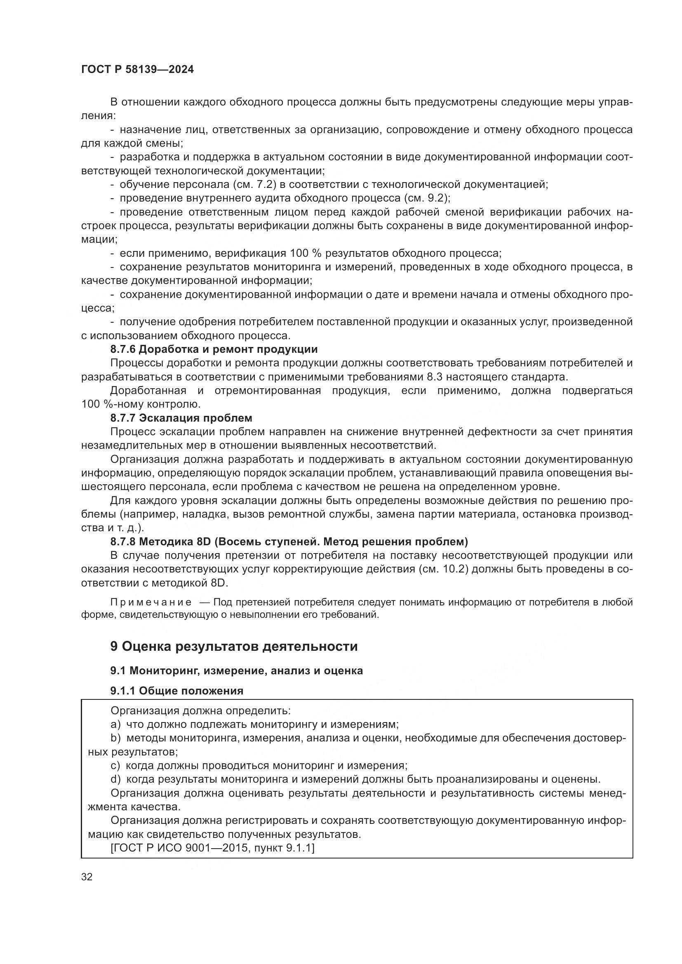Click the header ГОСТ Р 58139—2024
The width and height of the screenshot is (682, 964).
(137, 70)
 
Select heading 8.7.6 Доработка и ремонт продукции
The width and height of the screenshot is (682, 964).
(214, 349)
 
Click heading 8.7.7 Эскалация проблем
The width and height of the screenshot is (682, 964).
(181, 418)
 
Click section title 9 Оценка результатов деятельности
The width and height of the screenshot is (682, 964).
(234, 647)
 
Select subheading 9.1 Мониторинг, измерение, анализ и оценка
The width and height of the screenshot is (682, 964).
(236, 671)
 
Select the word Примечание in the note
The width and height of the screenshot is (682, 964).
(151, 603)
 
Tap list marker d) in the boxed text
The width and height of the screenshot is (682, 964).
(115, 780)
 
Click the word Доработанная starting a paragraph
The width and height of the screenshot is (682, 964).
(148, 391)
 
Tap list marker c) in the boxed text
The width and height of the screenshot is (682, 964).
(115, 766)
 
